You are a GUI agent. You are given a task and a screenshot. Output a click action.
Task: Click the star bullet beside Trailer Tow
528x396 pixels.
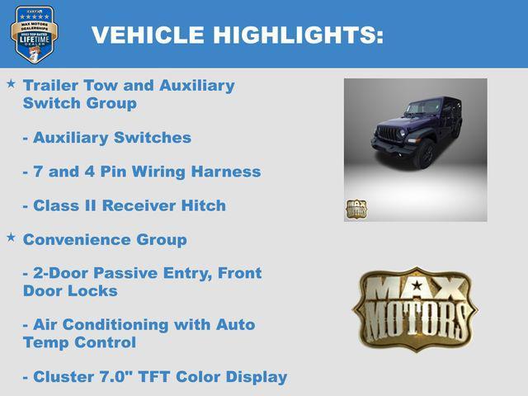tap(11, 84)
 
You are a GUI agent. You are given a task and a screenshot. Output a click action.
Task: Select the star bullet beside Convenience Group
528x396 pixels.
tap(11, 237)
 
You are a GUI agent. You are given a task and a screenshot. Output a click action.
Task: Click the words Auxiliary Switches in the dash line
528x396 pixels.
tap(112, 138)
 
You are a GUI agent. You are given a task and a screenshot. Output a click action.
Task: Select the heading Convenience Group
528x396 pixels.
tap(105, 240)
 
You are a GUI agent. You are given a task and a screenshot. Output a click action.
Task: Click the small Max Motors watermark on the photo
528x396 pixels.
tap(356, 209)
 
